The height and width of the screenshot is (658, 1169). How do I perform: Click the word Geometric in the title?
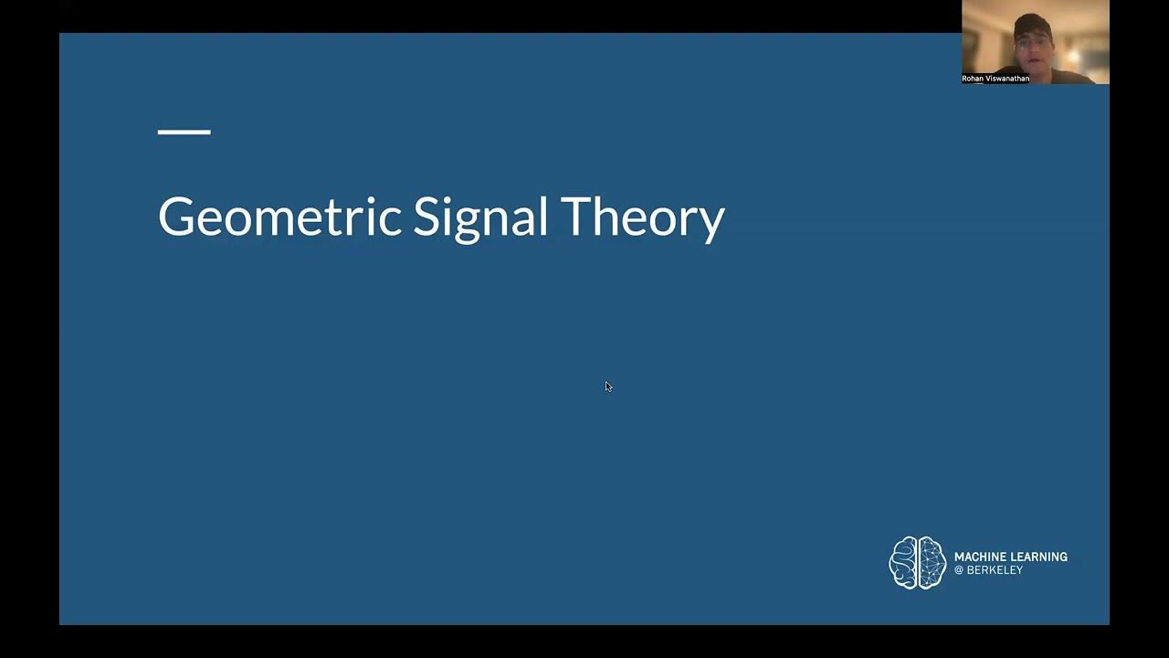[x=279, y=218]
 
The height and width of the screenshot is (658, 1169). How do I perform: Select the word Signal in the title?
[x=480, y=218]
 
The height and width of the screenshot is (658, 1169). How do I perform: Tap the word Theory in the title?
[x=643, y=218]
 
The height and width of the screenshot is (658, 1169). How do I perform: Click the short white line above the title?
[x=184, y=133]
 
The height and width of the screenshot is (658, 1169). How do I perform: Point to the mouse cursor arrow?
[x=607, y=386]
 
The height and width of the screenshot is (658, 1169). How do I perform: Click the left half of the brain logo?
[x=903, y=562]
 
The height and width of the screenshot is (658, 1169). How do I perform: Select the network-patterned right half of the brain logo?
[x=931, y=562]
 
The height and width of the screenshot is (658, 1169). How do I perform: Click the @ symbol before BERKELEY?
[x=959, y=570]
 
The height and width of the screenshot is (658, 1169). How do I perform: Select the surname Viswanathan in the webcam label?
[x=1007, y=79]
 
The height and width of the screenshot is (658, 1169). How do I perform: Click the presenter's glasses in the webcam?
[x=1030, y=41]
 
